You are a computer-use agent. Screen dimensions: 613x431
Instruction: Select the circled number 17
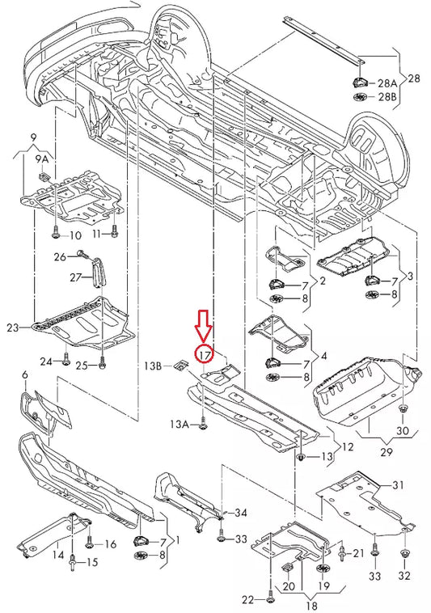[x=204, y=353]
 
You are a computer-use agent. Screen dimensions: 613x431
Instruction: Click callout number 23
[x=12, y=328]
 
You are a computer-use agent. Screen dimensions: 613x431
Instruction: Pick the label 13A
[x=180, y=423]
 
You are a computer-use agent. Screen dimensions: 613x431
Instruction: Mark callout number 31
[x=398, y=485]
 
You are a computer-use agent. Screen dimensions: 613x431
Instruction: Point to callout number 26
[x=60, y=257]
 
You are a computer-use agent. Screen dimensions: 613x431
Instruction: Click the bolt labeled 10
[x=54, y=235]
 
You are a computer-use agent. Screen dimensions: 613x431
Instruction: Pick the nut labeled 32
[x=404, y=554]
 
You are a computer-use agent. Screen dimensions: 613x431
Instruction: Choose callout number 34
[x=242, y=513]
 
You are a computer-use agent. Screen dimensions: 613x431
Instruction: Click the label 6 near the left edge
[x=24, y=374]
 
